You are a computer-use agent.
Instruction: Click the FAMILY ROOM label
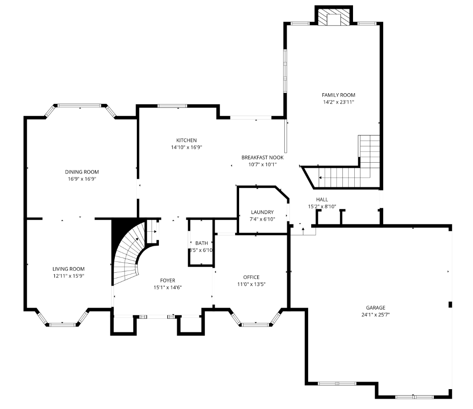(338, 95)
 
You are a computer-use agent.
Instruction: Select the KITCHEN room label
(186, 140)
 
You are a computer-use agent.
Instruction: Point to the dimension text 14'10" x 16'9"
(186, 148)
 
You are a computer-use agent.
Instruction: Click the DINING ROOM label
(82, 172)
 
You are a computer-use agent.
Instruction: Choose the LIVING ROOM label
(69, 269)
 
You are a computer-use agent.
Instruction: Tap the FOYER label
(168, 280)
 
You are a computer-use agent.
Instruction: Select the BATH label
(202, 243)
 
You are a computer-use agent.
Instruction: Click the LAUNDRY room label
(262, 212)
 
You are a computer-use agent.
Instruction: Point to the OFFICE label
(251, 277)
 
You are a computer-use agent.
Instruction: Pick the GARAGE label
(375, 308)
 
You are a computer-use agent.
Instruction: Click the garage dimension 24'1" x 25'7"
(375, 315)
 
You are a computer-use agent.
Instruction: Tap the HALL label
(322, 199)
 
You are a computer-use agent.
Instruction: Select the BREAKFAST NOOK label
(262, 157)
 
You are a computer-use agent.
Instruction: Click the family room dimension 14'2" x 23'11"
(338, 102)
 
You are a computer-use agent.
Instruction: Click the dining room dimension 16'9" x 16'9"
(82, 179)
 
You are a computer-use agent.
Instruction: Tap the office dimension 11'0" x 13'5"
(251, 284)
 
